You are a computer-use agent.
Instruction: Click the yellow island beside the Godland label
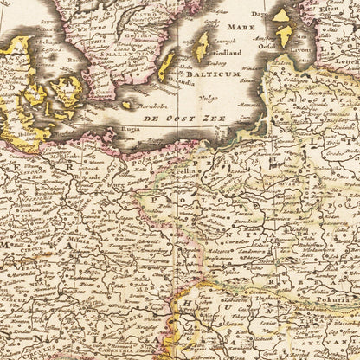[202, 45]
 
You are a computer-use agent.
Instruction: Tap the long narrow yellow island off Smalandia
[165, 67]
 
